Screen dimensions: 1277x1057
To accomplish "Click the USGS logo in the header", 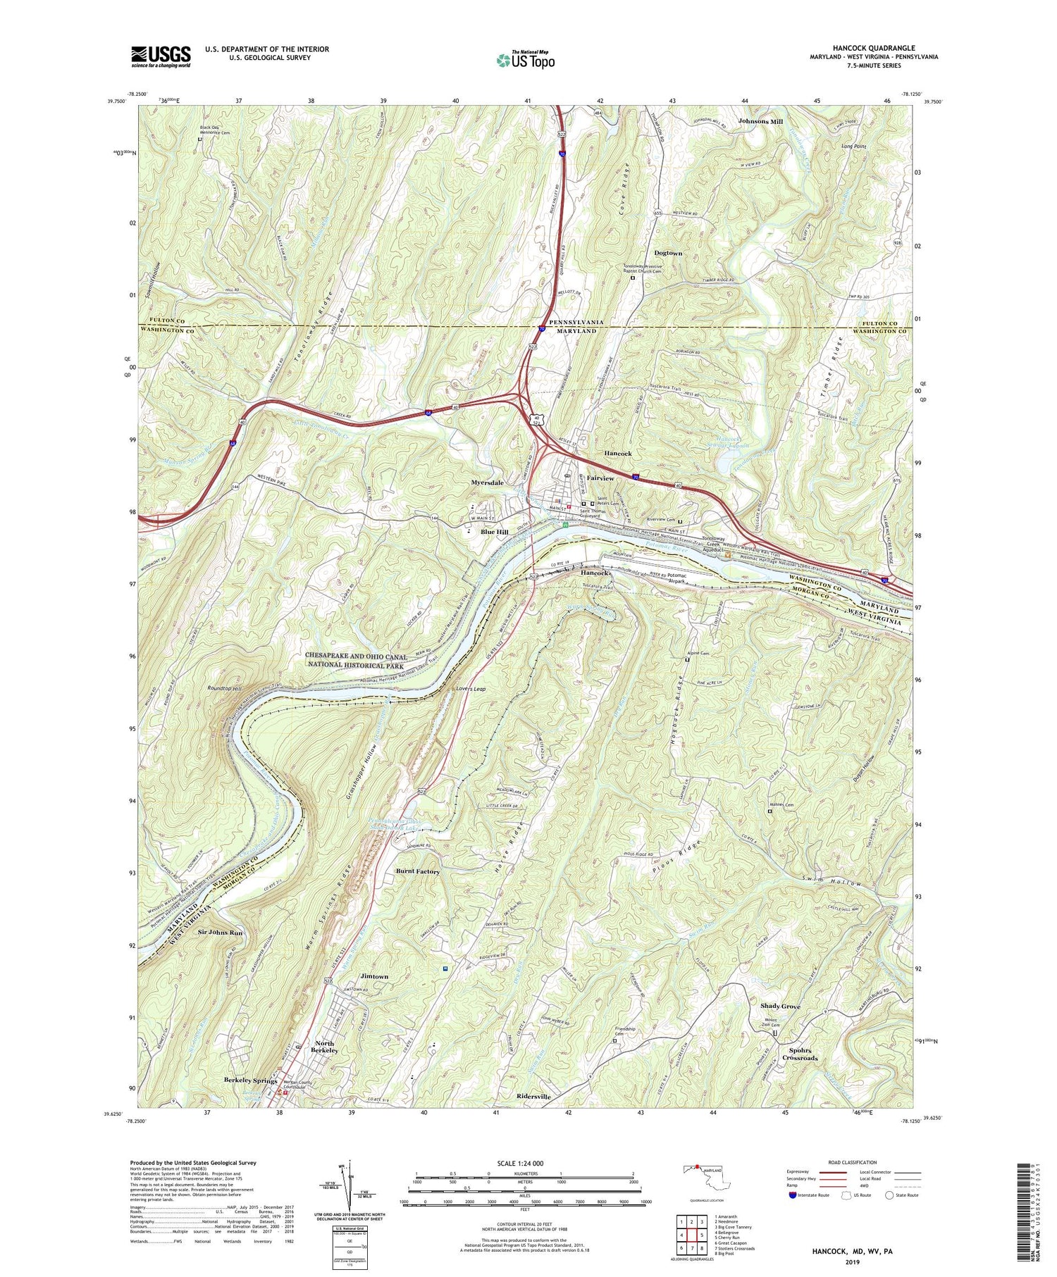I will (161, 56).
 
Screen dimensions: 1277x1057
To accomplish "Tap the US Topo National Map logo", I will (525, 61).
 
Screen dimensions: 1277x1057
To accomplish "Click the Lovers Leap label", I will (471, 688).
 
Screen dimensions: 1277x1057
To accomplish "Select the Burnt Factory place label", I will (417, 871).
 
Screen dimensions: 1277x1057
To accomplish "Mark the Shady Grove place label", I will (780, 1007).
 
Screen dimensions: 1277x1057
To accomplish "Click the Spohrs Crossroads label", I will (800, 1058).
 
